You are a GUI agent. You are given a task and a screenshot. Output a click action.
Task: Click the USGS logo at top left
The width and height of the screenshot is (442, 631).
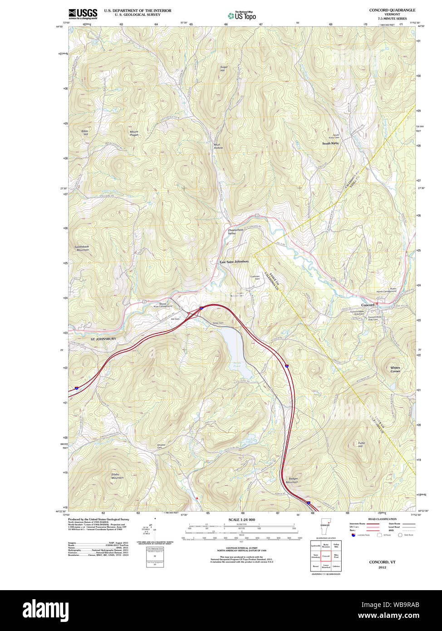[83, 14]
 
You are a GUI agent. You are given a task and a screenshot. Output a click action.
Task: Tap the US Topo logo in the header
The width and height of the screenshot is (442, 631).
[242, 15]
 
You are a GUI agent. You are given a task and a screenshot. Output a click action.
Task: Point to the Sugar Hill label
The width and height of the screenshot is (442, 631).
[223, 69]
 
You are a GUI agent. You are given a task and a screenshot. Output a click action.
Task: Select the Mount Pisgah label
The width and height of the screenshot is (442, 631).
[134, 133]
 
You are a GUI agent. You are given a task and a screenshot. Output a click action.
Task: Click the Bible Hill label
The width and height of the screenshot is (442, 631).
[85, 133]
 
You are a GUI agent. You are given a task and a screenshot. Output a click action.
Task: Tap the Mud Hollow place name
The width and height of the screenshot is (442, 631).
[218, 146]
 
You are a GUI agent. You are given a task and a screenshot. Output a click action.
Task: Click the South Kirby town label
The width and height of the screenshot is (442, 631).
[330, 143]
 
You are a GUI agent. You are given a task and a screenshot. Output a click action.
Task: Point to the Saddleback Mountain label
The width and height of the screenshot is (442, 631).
[82, 248]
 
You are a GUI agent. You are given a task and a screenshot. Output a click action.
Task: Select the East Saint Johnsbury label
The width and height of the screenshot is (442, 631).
[234, 261]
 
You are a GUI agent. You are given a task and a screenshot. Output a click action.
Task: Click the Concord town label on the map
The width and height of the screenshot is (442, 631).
[368, 305]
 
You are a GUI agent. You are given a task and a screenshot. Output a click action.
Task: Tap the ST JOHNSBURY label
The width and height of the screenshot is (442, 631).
[103, 339]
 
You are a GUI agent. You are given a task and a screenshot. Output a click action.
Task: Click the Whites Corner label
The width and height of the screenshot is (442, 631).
[395, 369]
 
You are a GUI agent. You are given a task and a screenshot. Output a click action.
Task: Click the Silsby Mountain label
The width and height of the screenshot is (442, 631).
[118, 476]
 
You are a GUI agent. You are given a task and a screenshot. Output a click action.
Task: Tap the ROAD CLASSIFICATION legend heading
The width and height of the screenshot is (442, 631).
[382, 519]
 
